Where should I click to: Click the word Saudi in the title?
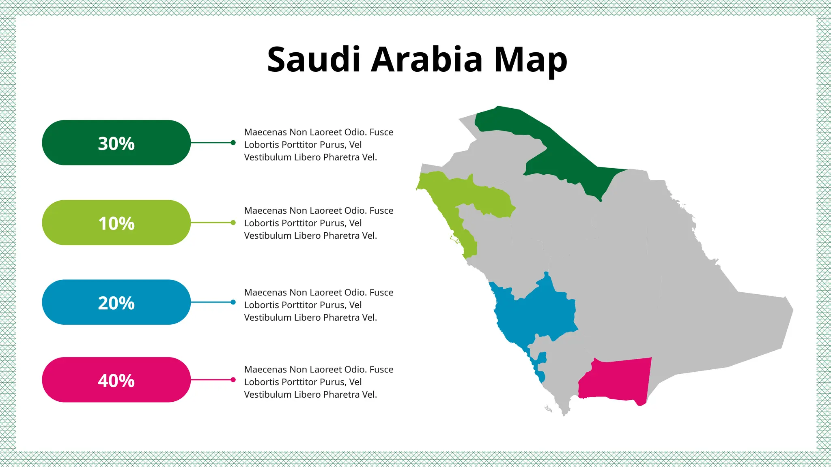[x=313, y=60]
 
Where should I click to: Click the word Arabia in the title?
[x=426, y=60]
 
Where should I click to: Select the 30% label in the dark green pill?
[x=116, y=144]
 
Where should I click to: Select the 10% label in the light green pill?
[x=116, y=223]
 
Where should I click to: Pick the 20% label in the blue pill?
[x=116, y=303]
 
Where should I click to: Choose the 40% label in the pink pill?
[x=116, y=381]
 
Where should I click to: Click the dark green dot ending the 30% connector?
[x=233, y=143]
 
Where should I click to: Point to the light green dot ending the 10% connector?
[x=233, y=223]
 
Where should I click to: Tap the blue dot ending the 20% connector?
[x=233, y=302]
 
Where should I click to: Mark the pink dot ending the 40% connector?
[x=233, y=380]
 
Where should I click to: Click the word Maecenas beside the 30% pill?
[x=265, y=132]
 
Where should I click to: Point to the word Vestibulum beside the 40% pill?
[x=268, y=394]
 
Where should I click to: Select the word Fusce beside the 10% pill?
[x=381, y=211]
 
